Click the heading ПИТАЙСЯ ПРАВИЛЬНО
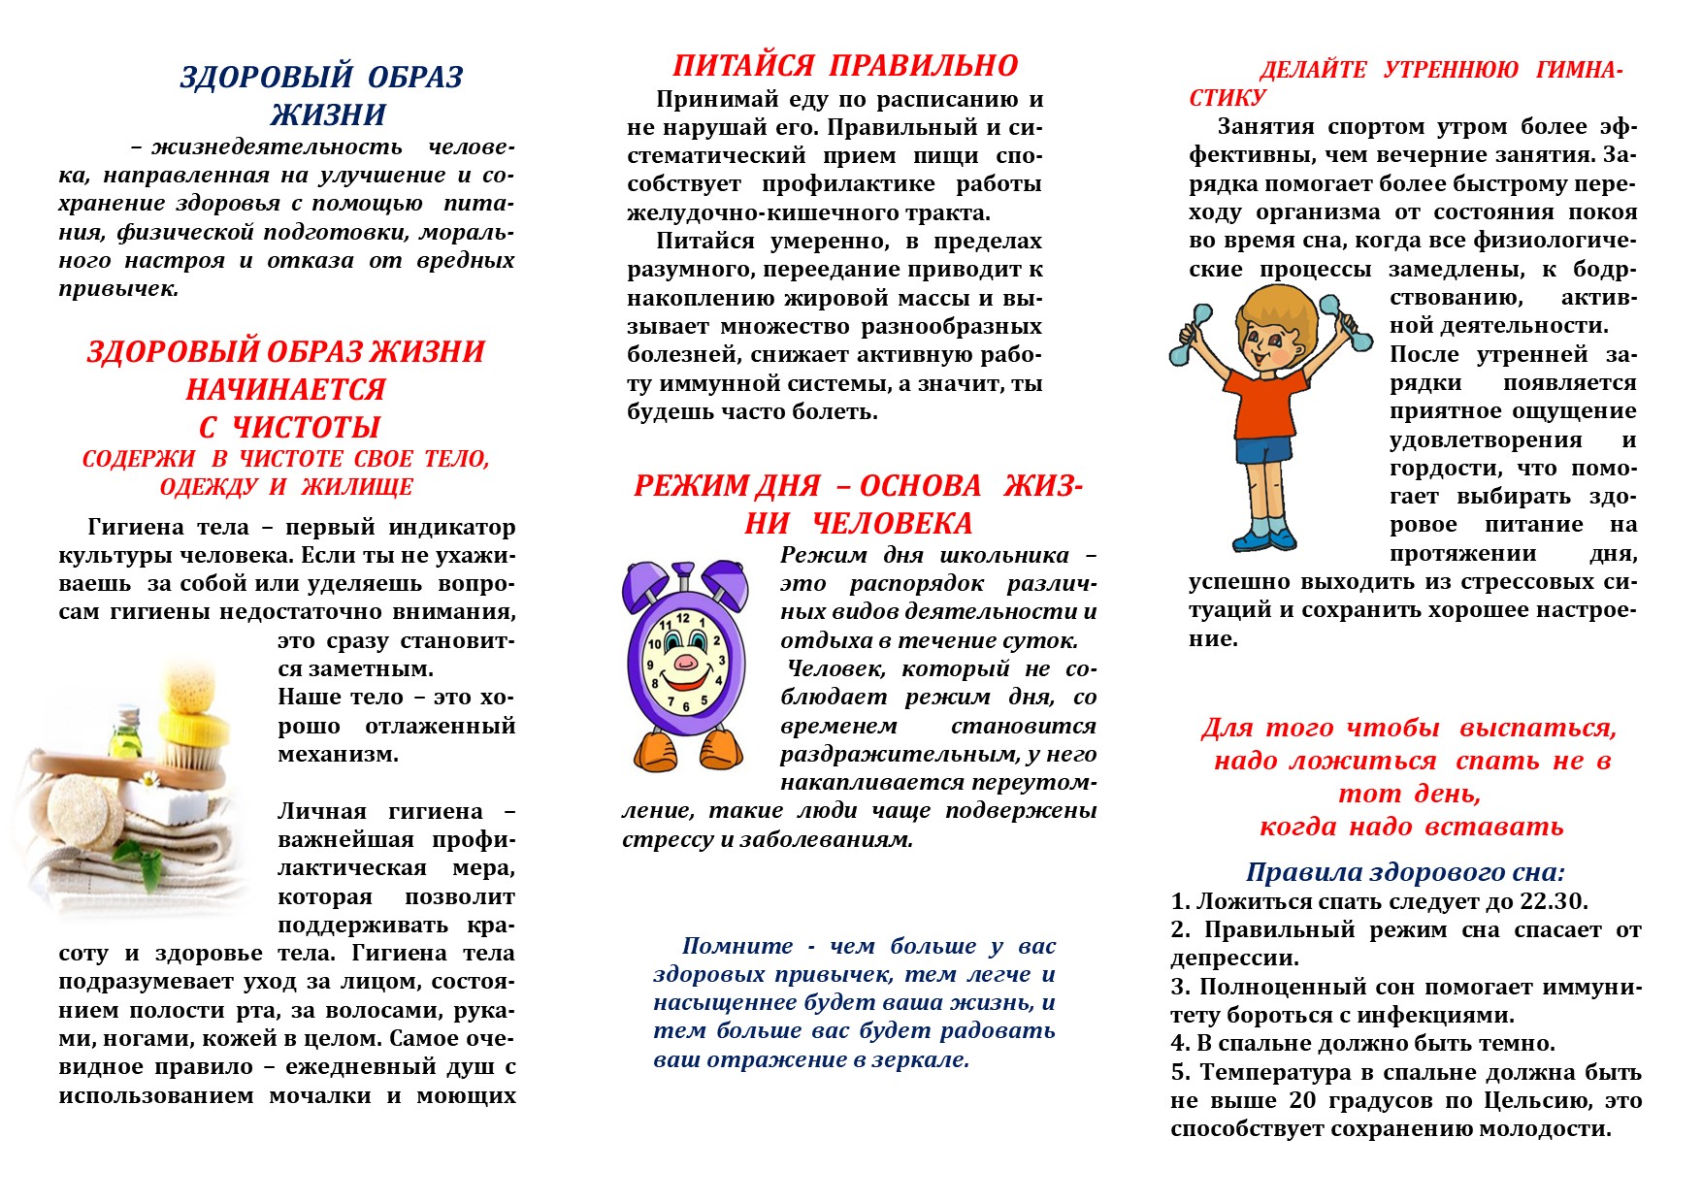pos(845,65)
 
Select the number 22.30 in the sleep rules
pos(1553,901)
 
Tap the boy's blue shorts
pos(1264,451)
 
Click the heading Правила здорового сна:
pos(1404,872)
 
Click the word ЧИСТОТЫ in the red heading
pos(306,427)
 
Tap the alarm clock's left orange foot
pos(655,752)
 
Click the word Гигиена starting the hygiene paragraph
pos(136,527)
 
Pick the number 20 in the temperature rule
pos(1303,1101)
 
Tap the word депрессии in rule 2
pos(1234,959)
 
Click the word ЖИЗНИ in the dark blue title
pos(328,114)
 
